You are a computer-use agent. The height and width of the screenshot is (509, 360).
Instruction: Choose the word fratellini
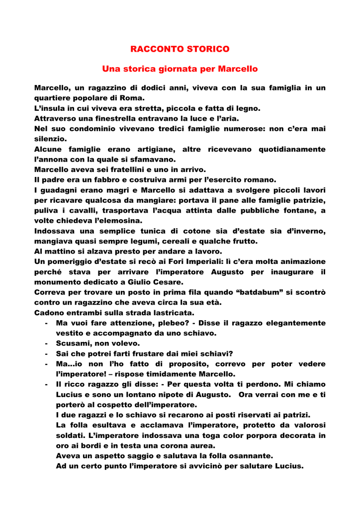coord(131,170)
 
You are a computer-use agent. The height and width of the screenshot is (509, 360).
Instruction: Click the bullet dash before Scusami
coord(46,343)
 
